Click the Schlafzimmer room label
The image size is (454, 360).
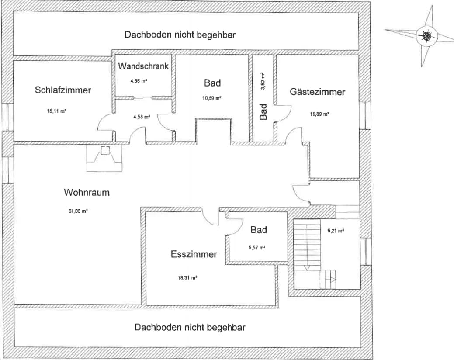click(x=63, y=90)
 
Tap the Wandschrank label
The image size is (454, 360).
click(x=143, y=66)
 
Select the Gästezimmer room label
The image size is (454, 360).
click(x=317, y=92)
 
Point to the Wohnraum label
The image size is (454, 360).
click(x=87, y=192)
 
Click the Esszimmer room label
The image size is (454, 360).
click(x=194, y=254)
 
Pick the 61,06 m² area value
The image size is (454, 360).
click(x=78, y=211)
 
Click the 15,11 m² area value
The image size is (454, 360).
click(x=57, y=111)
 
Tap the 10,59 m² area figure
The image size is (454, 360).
click(x=211, y=98)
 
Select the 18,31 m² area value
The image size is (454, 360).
click(x=187, y=278)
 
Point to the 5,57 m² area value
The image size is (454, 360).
click(x=257, y=248)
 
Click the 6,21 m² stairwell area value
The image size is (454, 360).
click(x=336, y=231)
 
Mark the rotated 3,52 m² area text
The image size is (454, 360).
click(x=263, y=81)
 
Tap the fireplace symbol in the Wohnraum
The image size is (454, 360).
click(x=104, y=158)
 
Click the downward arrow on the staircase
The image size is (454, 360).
click(x=307, y=268)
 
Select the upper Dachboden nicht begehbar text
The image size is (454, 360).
click(x=180, y=35)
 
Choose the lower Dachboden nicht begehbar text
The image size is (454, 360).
click(x=190, y=328)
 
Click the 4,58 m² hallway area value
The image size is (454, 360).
click(x=142, y=117)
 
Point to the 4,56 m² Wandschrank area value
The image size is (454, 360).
click(x=139, y=81)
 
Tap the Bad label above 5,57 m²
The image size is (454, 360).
click(x=259, y=230)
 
